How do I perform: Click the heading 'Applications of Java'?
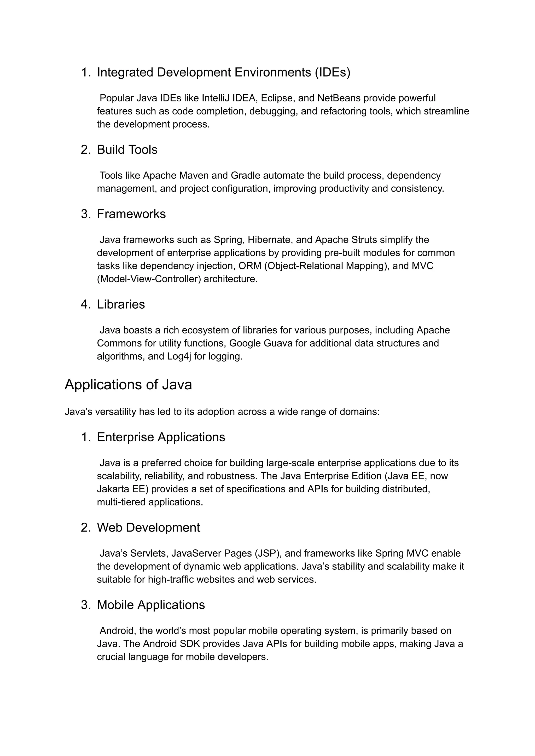point(128,385)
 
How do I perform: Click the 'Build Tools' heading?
point(127,150)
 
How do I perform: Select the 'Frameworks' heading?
point(131,214)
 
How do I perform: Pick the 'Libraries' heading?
point(121,304)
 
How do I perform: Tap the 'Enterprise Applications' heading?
point(161,437)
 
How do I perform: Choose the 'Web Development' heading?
point(148,528)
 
